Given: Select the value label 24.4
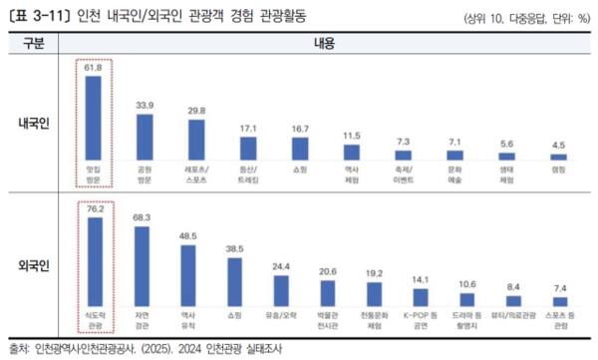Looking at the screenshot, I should pyautogui.click(x=281, y=265).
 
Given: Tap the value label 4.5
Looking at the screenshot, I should pyautogui.click(x=559, y=144).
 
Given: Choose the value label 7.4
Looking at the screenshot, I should pyautogui.click(x=560, y=287).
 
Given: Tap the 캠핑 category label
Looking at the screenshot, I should pyautogui.click(x=559, y=171).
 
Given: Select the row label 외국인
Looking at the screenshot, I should pyautogui.click(x=37, y=266).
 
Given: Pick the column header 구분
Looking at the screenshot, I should pyautogui.click(x=36, y=45).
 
